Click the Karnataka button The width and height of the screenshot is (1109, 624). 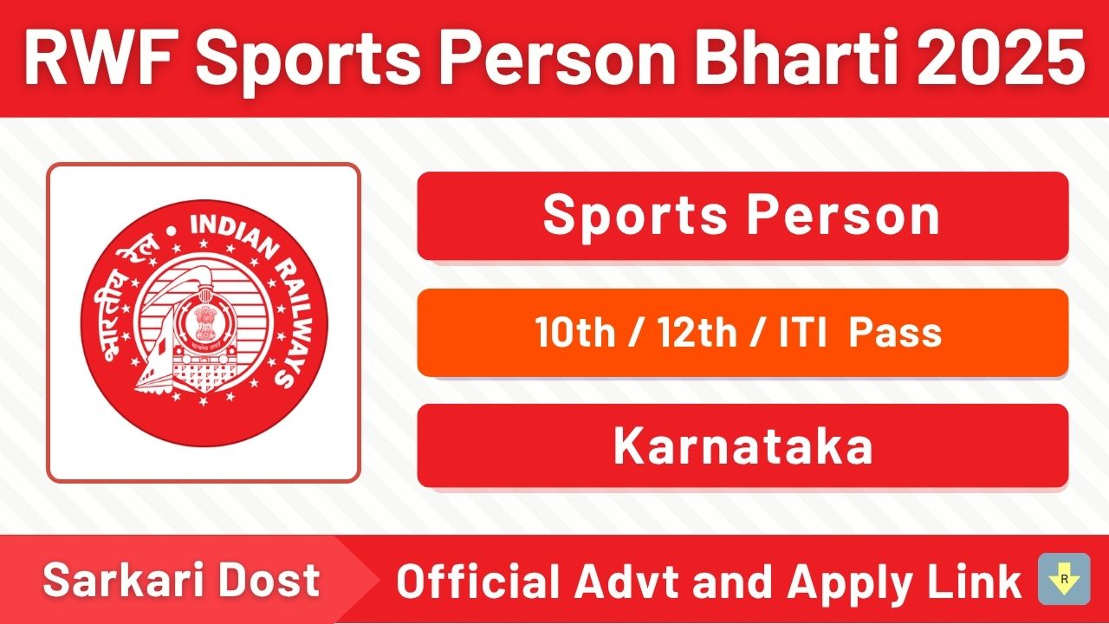[743, 446]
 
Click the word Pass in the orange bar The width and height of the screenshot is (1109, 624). [895, 332]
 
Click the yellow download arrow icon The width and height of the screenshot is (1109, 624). [1064, 579]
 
